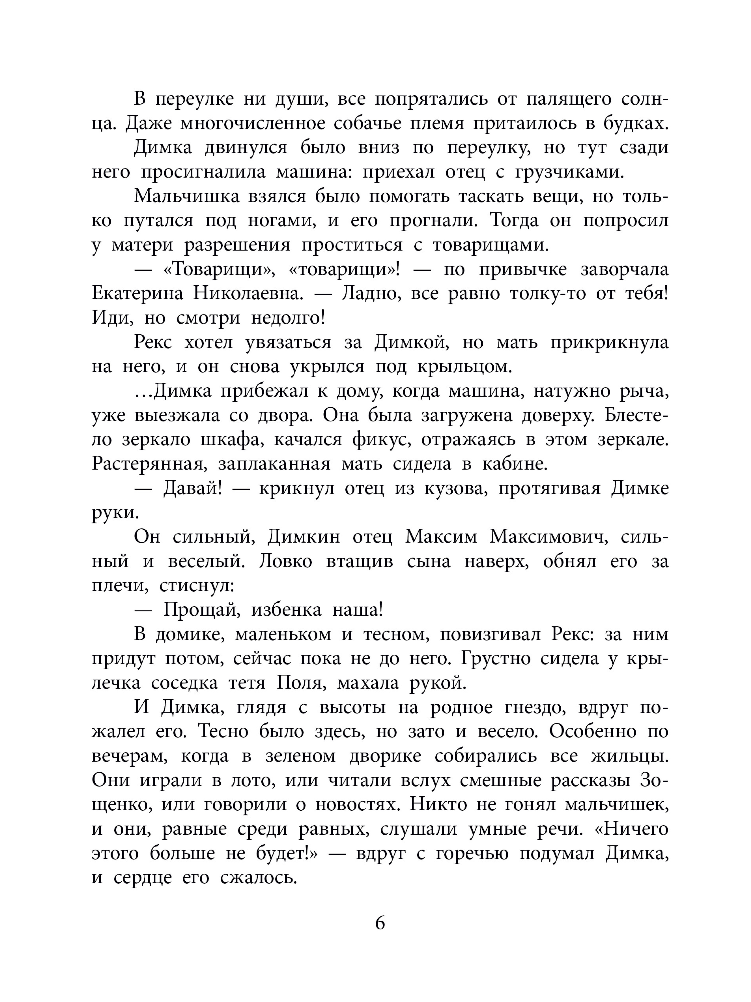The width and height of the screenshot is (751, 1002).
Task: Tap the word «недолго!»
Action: [x=287, y=319]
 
